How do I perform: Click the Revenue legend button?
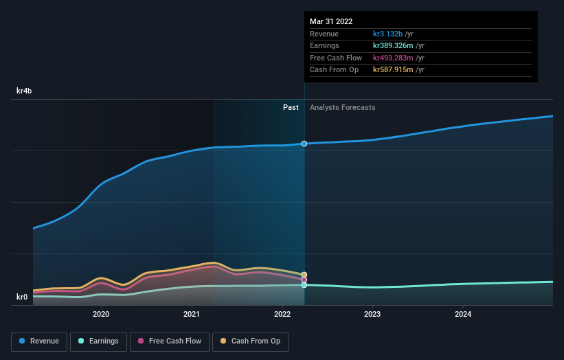point(39,341)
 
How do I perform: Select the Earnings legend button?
point(98,341)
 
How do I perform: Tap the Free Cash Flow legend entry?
point(168,341)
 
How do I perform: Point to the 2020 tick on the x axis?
point(101,315)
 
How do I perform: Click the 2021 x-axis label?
point(192,315)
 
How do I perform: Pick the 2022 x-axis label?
point(282,315)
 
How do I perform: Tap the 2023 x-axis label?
point(372,315)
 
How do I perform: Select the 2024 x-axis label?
point(463,315)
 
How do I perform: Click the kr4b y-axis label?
point(25,91)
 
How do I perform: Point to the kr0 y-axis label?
point(23,297)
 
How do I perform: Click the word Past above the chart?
point(291,107)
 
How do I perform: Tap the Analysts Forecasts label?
point(342,107)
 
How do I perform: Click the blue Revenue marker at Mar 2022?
point(304,144)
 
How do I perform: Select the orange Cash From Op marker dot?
point(304,275)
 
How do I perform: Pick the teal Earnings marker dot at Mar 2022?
point(304,284)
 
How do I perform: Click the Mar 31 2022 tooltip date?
point(331,21)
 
